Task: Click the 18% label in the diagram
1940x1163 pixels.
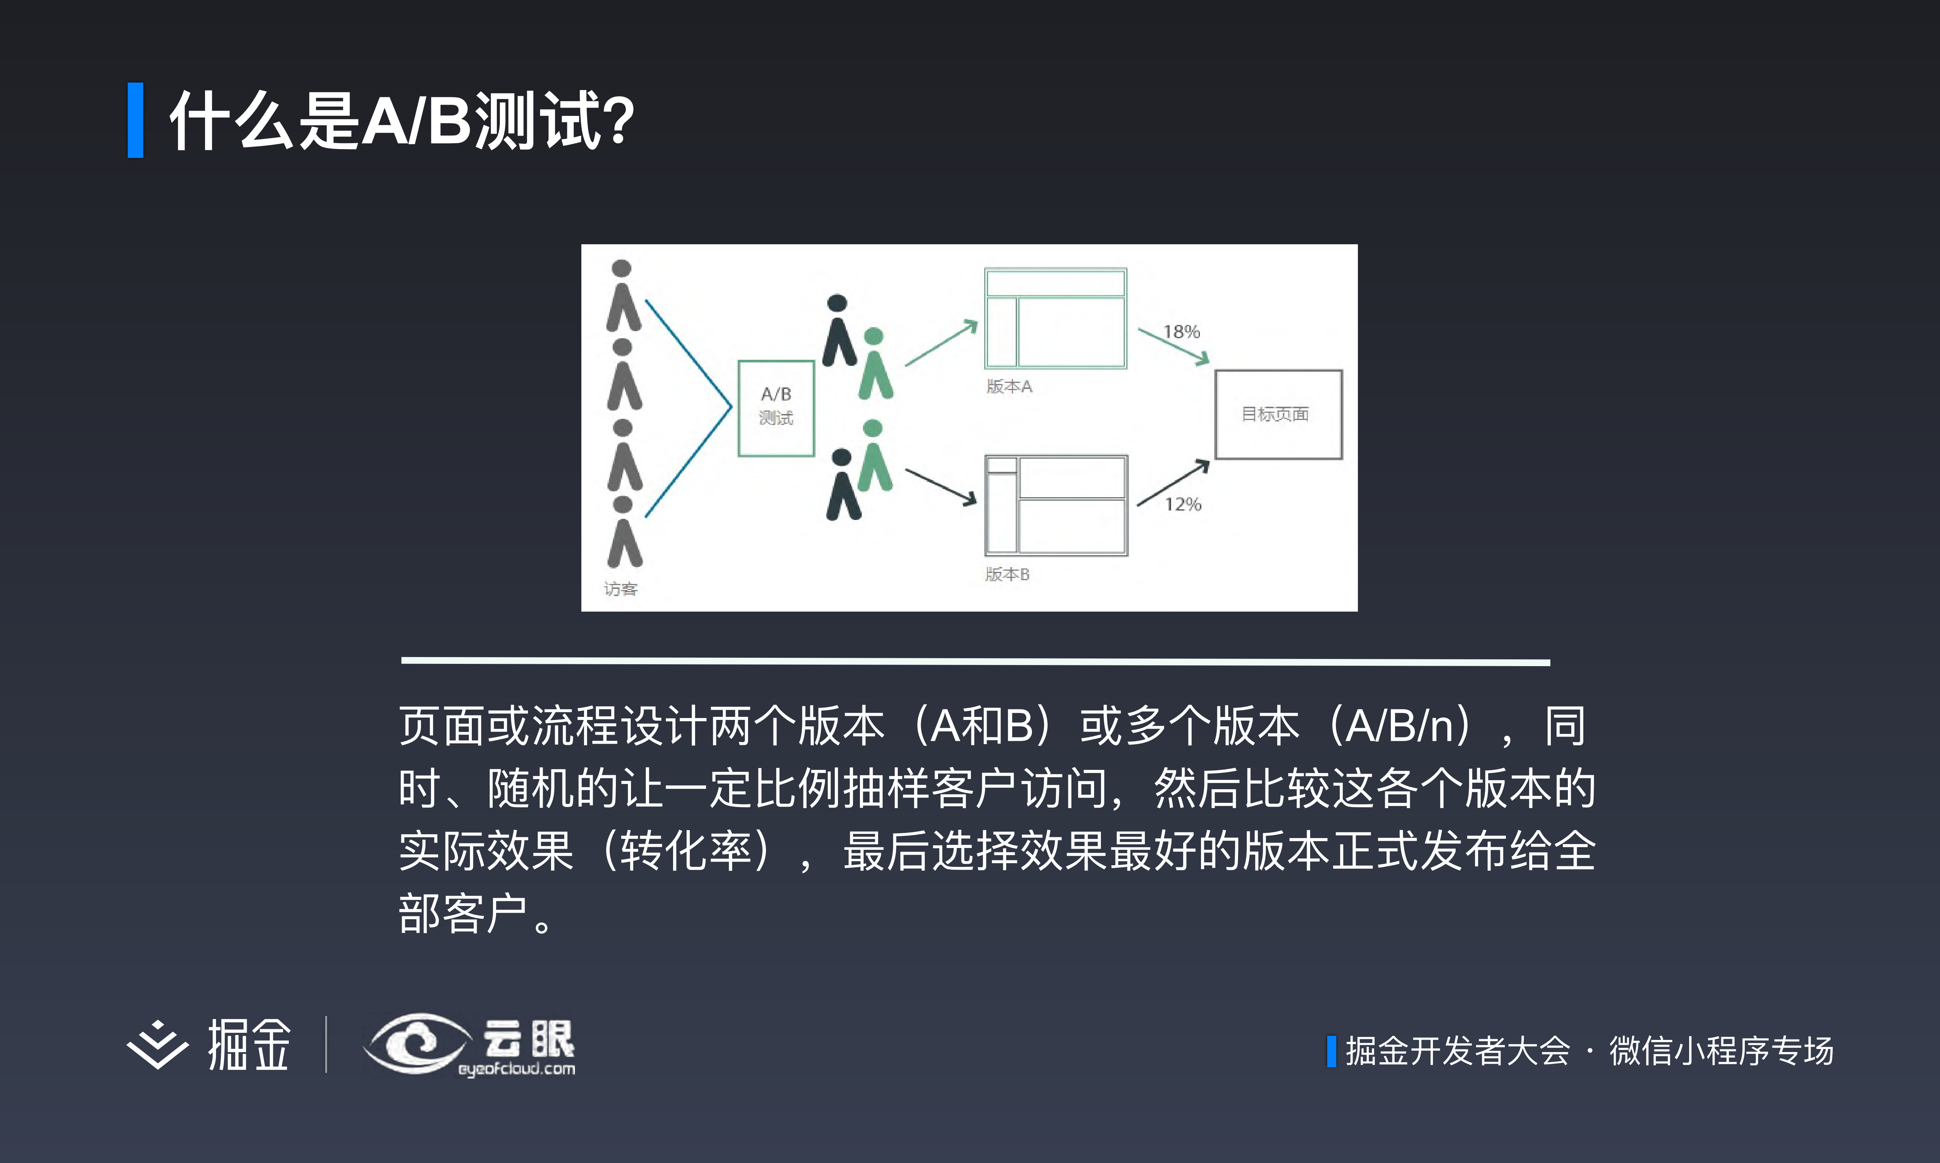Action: point(1181,331)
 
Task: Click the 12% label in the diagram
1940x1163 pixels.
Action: point(1182,504)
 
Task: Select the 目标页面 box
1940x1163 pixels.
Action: point(1278,414)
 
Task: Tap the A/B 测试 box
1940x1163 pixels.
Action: point(775,407)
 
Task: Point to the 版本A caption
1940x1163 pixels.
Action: point(1009,386)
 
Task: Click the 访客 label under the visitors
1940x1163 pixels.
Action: point(620,589)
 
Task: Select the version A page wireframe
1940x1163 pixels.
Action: point(1055,318)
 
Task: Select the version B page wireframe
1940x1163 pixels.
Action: point(1055,506)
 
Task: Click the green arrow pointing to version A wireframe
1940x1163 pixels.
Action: point(941,343)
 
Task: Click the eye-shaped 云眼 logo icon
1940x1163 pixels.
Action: point(416,1043)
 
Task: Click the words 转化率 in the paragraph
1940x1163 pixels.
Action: point(685,851)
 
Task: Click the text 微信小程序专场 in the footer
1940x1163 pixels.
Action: point(1721,1051)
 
